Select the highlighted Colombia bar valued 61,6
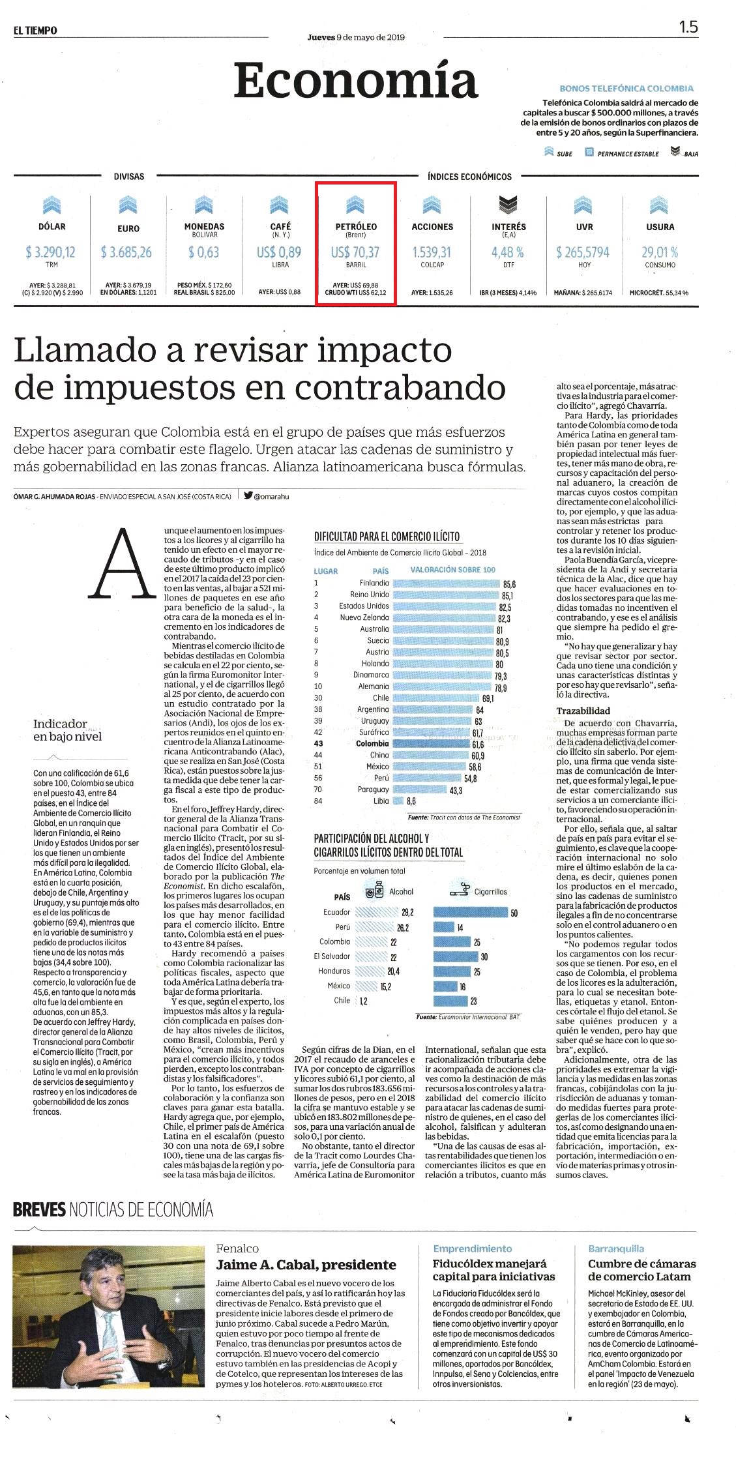tap(431, 744)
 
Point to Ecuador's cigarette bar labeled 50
tap(471, 913)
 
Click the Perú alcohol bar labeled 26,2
tap(374, 927)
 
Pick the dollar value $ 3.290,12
tap(51, 252)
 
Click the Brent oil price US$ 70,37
tap(355, 252)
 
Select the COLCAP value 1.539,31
tap(432, 252)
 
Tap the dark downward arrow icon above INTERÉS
tap(508, 205)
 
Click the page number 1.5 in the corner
tap(688, 27)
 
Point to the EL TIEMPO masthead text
tap(35, 31)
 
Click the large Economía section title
tap(356, 80)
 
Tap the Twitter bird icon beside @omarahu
tap(248, 495)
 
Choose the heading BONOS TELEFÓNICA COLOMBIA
tap(626, 88)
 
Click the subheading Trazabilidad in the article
tap(583, 711)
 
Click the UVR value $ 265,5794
tap(584, 252)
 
